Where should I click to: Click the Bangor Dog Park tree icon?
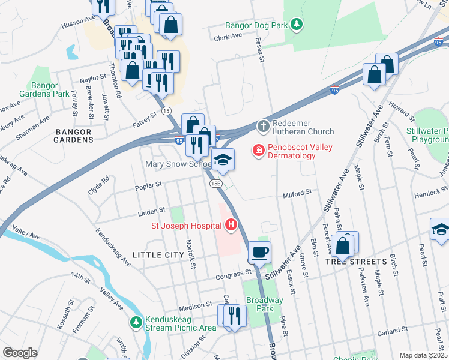click(x=296, y=25)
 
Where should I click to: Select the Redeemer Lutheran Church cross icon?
click(x=262, y=126)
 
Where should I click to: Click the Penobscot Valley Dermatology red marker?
click(x=258, y=150)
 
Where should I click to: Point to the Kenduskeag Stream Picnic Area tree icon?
click(x=137, y=323)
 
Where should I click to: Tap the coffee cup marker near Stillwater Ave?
click(x=259, y=252)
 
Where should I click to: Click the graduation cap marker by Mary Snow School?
click(x=222, y=159)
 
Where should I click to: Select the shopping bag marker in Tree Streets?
click(x=342, y=245)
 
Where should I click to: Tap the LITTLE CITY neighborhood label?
click(x=157, y=255)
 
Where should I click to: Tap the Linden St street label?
click(x=153, y=211)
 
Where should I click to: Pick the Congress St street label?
click(x=233, y=273)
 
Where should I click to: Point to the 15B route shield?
click(x=216, y=183)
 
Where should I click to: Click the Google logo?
click(x=20, y=353)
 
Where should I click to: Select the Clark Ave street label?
click(x=228, y=37)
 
